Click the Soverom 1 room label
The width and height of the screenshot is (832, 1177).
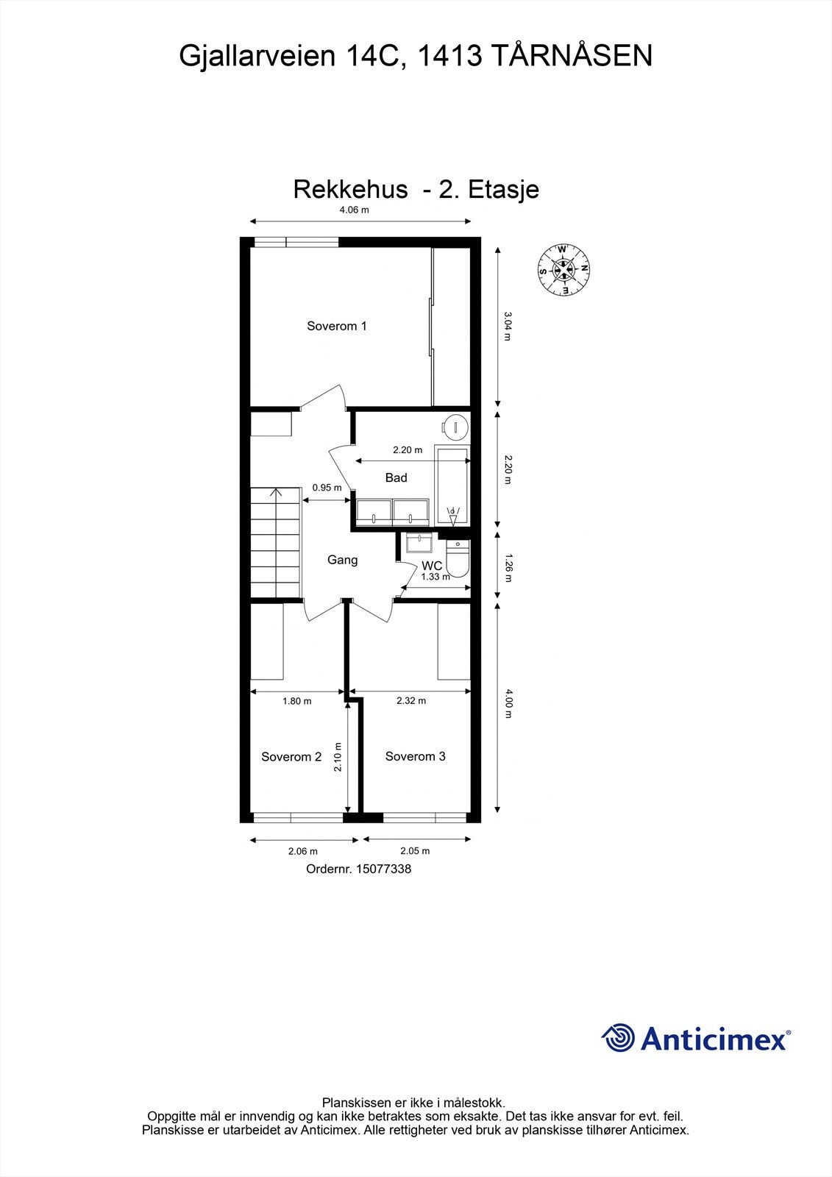tap(336, 326)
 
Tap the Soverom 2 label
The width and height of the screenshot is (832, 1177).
tap(291, 756)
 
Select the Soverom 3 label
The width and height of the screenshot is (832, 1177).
tap(415, 756)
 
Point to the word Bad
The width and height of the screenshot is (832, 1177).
tap(396, 478)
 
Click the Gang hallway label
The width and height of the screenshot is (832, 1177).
tap(342, 560)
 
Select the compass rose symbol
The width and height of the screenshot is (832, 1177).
tap(563, 269)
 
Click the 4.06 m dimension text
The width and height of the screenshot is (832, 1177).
tap(354, 210)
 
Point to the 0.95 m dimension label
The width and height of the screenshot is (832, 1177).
tap(327, 488)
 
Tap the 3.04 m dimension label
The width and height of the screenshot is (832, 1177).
tap(508, 326)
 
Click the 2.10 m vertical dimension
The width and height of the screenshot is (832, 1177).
tap(338, 756)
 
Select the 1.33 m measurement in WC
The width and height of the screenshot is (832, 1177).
tap(435, 577)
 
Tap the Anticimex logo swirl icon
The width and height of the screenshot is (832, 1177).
tap(618, 1039)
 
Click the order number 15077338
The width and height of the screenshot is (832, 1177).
tap(383, 869)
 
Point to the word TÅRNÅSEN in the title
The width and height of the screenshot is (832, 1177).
tap(570, 56)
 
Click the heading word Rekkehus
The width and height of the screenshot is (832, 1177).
tap(350, 189)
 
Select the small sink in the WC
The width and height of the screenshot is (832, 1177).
tap(419, 543)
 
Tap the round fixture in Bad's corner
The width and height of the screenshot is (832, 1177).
tap(456, 425)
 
